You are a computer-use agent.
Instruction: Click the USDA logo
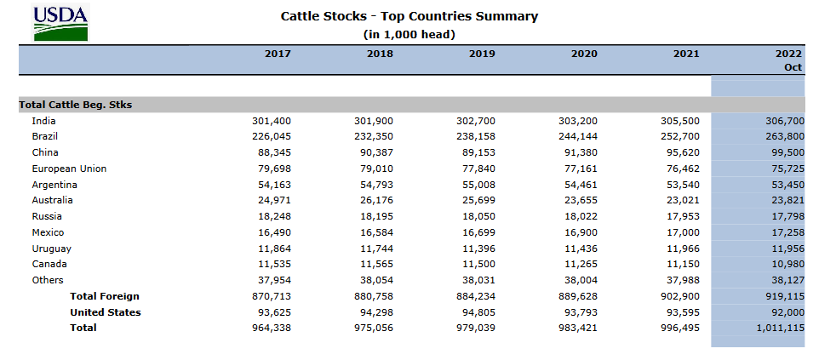[60, 22]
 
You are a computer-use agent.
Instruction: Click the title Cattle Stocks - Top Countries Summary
[409, 16]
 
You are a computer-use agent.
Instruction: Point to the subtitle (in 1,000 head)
[409, 35]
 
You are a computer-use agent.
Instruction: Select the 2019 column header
[482, 54]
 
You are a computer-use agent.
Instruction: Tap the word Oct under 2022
[793, 68]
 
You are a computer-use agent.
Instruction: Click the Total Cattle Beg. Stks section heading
[75, 105]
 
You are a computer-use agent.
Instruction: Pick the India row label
[43, 121]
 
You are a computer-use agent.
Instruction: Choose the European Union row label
[69, 169]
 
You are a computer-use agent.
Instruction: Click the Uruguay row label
[52, 249]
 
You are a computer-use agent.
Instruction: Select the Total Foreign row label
[105, 296]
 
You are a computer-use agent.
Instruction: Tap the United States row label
[106, 312]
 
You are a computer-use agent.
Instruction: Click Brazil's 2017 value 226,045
[272, 136]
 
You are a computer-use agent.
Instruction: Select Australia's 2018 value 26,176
[374, 201]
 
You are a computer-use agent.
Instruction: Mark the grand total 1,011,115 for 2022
[781, 328]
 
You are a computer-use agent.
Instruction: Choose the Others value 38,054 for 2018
[374, 281]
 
